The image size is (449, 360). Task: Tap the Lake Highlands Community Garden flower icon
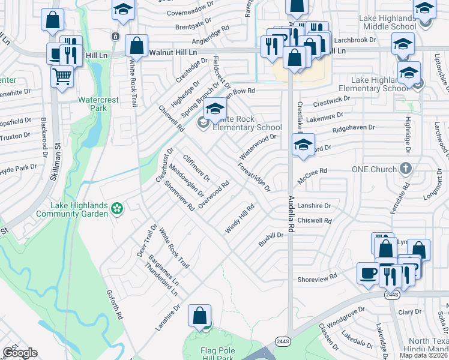point(117,209)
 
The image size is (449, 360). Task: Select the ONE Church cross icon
point(406,169)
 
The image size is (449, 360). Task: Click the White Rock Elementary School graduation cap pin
point(213,109)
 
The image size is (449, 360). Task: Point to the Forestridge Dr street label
point(253,177)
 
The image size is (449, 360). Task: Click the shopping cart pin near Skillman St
point(62,77)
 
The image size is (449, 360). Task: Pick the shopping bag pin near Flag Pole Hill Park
point(199,316)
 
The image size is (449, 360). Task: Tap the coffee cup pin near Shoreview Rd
point(367,273)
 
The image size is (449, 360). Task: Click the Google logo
point(20,353)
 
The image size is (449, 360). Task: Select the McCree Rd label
point(315,171)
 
